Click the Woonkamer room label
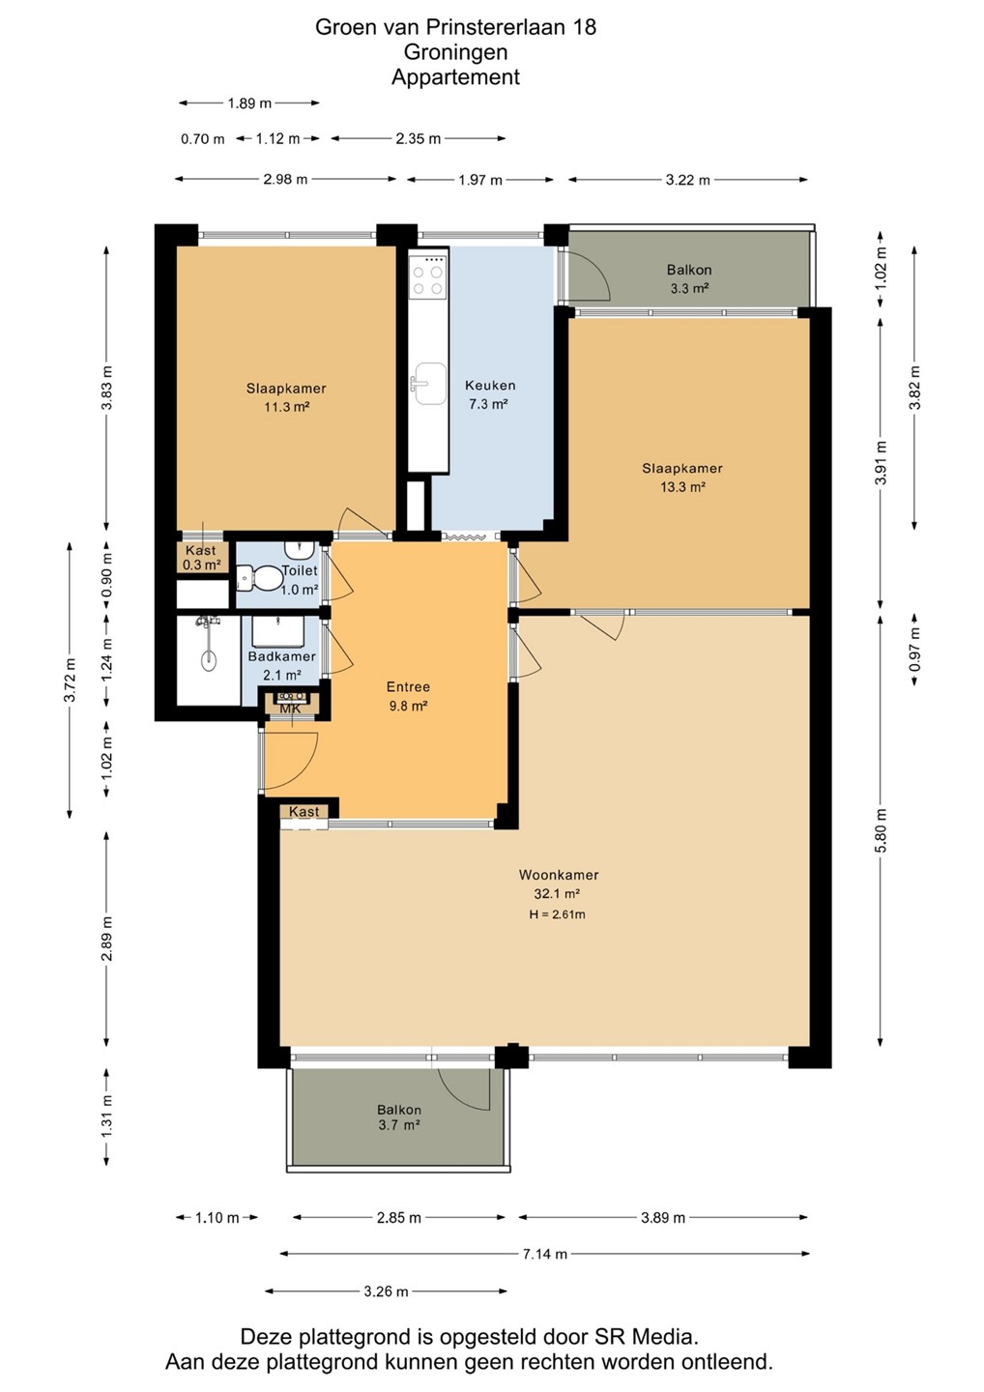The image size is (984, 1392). tap(559, 875)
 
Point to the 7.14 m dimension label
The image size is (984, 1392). tap(545, 1254)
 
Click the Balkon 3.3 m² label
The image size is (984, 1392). tap(689, 279)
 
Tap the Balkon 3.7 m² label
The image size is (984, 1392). tap(399, 1117)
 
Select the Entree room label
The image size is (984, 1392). tap(408, 686)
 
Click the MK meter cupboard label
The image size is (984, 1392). tap(290, 710)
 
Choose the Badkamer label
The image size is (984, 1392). tap(282, 656)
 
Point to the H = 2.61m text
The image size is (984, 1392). tap(557, 914)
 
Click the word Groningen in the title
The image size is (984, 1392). tap(455, 52)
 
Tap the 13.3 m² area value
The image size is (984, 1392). tap(682, 487)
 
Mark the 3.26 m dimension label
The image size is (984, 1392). tap(386, 1291)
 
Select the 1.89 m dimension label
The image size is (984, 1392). tap(249, 103)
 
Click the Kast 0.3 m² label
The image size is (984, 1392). tap(201, 558)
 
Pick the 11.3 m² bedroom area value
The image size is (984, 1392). tap(286, 407)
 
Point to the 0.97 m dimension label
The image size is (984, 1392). tap(913, 650)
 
